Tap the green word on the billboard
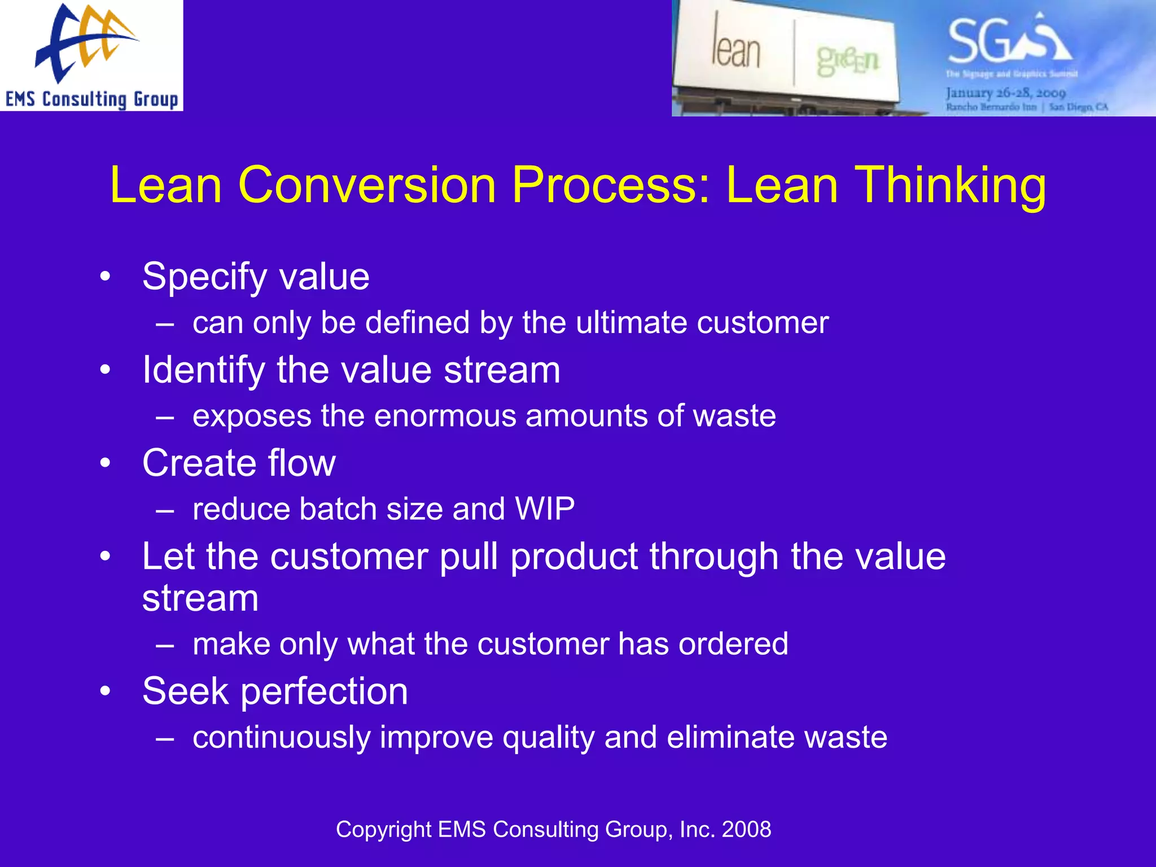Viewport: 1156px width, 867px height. pos(847,60)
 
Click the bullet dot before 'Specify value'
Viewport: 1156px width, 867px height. pos(105,277)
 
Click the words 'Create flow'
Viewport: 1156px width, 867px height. pos(239,463)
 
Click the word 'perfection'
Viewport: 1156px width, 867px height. pos(325,691)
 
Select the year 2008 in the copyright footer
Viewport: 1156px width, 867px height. pos(746,830)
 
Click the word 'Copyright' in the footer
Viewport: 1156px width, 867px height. pos(383,830)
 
